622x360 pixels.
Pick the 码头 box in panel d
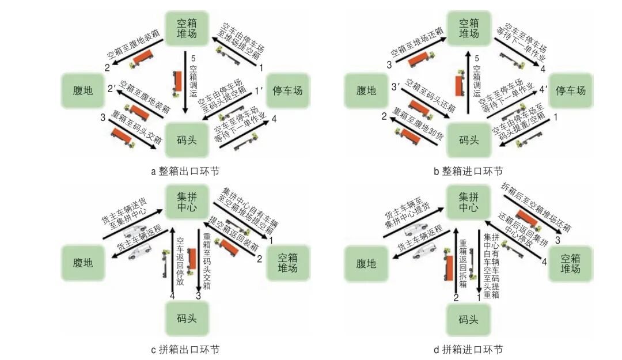coord(468,319)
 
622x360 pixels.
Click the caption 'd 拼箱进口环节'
coord(468,350)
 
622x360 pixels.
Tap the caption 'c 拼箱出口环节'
coord(185,350)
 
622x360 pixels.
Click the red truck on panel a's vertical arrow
coord(177,81)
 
